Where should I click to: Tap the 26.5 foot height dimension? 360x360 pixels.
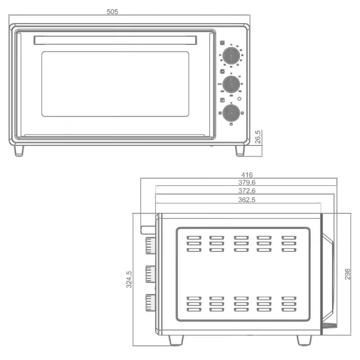coord(258,137)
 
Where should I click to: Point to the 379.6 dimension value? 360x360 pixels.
coord(247,183)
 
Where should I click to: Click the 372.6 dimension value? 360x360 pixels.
coord(247,191)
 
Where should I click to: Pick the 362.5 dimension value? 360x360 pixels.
coord(247,200)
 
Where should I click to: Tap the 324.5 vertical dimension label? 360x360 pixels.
coord(129,279)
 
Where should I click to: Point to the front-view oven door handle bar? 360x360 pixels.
coord(115,40)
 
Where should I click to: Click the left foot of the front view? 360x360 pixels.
coord(19,150)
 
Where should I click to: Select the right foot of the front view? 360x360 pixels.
coord(240,150)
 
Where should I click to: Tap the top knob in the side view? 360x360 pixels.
coord(150,246)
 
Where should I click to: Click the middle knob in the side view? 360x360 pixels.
coord(150,274)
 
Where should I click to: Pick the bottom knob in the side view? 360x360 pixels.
coord(150,302)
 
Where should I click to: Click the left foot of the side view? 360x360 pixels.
coord(176,340)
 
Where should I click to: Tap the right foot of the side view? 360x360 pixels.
coord(304,340)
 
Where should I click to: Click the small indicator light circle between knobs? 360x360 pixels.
coord(239,99)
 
